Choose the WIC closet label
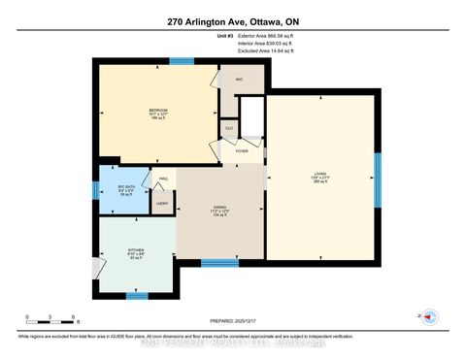point(238,80)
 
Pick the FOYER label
point(241,150)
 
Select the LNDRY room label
point(162,203)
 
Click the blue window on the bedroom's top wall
point(181,61)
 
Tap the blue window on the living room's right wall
point(379,175)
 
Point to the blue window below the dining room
point(219,263)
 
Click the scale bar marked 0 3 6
point(51,323)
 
